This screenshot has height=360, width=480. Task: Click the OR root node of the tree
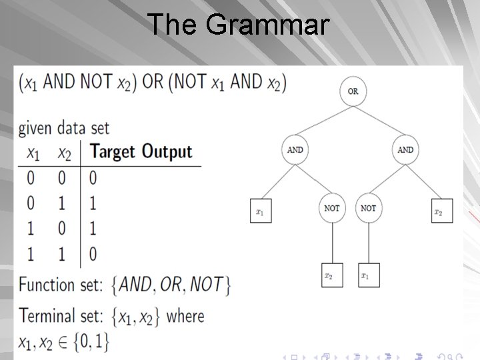point(353,91)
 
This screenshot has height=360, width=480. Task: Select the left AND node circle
point(295,150)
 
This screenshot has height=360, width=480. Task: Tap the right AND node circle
point(405,150)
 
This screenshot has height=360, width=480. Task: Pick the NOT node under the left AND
point(332,208)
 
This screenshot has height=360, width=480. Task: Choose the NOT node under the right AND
point(368,208)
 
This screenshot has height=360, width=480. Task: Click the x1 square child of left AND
point(261,211)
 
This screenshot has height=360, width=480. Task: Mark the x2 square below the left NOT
point(332,275)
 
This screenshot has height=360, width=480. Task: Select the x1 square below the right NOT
point(368,275)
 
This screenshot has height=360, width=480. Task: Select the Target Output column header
point(141,151)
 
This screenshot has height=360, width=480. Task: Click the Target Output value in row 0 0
point(93,178)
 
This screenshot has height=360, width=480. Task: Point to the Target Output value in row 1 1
point(93,253)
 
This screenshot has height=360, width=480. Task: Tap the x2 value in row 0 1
point(64,203)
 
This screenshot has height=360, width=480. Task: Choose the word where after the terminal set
point(185,315)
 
